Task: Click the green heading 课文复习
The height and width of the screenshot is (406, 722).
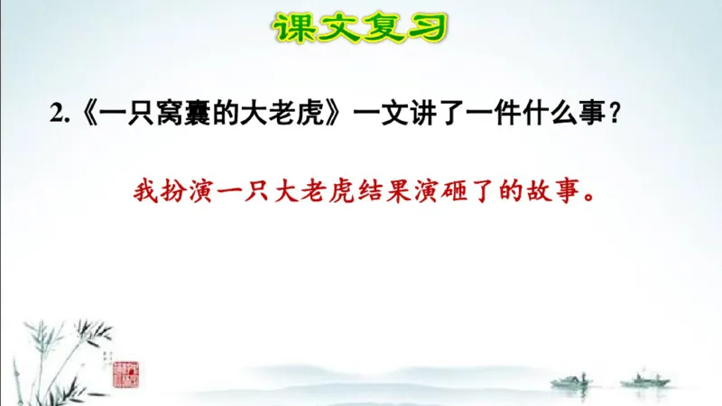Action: pyautogui.click(x=360, y=27)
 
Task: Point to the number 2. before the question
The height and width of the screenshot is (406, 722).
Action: pyautogui.click(x=60, y=114)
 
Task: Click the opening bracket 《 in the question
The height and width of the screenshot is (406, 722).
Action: pyautogui.click(x=83, y=114)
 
